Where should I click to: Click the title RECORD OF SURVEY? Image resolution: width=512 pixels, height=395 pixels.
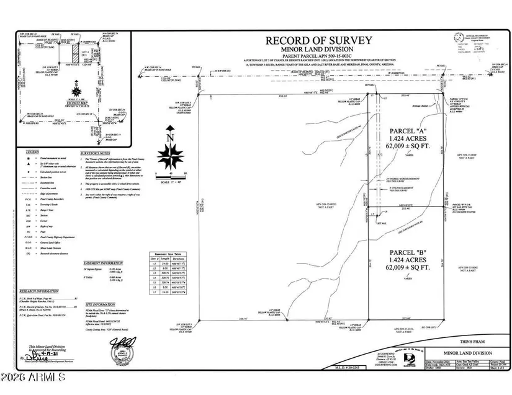tap(319, 41)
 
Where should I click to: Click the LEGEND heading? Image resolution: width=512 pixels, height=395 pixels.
tap(32, 152)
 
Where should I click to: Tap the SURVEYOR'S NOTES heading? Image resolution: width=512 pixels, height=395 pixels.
tap(96, 152)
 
